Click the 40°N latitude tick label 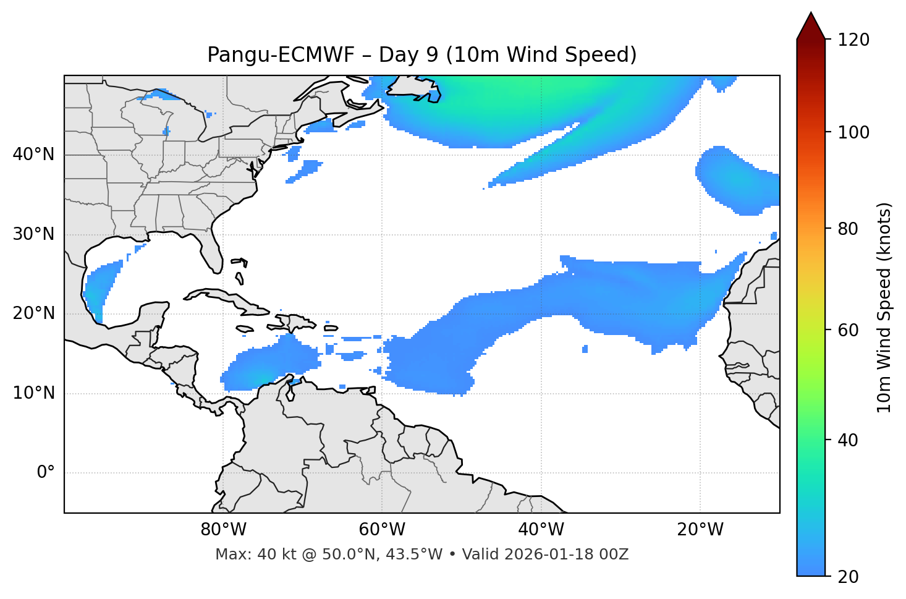(x=33, y=155)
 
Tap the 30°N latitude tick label (x=33, y=234)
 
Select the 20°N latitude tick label (x=33, y=313)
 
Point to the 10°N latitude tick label (x=33, y=393)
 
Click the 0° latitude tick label (x=46, y=473)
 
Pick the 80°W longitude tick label (x=223, y=530)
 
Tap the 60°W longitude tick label (x=382, y=530)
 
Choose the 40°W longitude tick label (x=541, y=530)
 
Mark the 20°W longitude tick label (x=700, y=530)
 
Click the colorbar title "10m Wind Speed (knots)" (x=884, y=307)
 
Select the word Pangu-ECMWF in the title (x=281, y=55)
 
